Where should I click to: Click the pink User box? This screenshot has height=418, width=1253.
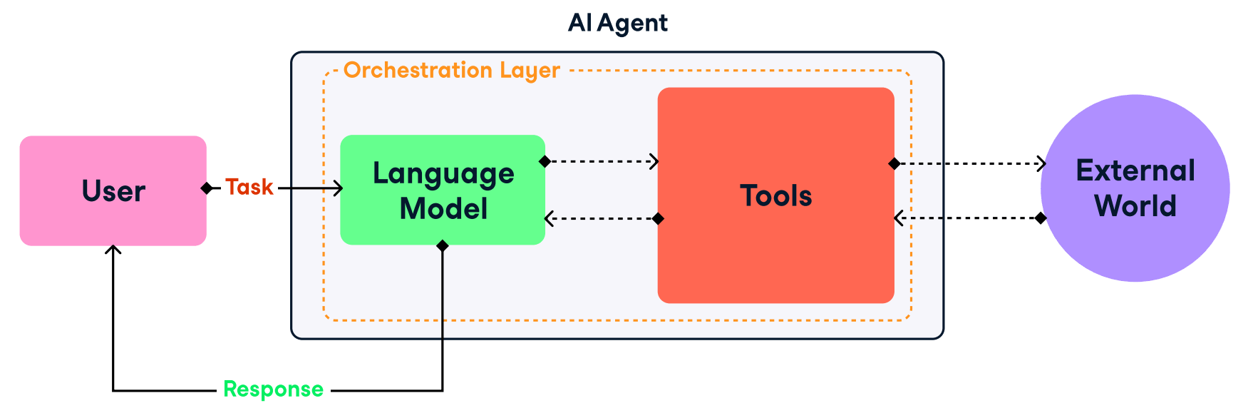(113, 190)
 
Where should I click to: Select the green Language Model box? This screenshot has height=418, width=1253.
(443, 190)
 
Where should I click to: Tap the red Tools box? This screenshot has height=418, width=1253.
(775, 195)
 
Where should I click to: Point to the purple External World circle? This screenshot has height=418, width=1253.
(1135, 188)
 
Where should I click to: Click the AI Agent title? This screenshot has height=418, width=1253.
(618, 24)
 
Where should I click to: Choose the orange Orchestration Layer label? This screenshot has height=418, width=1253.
(451, 71)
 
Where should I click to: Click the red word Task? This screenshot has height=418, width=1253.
(249, 187)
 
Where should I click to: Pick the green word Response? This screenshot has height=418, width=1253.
(274, 389)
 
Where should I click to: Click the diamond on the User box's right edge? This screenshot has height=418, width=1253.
(207, 188)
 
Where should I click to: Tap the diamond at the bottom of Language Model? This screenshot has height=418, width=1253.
(443, 246)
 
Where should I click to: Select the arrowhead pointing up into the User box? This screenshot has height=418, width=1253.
(113, 250)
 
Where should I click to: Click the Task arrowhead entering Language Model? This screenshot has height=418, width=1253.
(339, 188)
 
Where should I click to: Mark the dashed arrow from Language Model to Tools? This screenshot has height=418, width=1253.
(602, 161)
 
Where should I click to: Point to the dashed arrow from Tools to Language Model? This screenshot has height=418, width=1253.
(602, 218)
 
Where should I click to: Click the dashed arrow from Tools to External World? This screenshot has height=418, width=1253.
(969, 163)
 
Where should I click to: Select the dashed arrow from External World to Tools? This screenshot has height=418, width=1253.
(969, 218)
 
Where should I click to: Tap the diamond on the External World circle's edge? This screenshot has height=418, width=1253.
(1041, 218)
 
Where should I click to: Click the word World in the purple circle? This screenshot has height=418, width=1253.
(1135, 206)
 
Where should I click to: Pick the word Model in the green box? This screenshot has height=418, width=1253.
(443, 209)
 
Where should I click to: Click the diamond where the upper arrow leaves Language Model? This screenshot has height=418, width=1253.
(545, 161)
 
